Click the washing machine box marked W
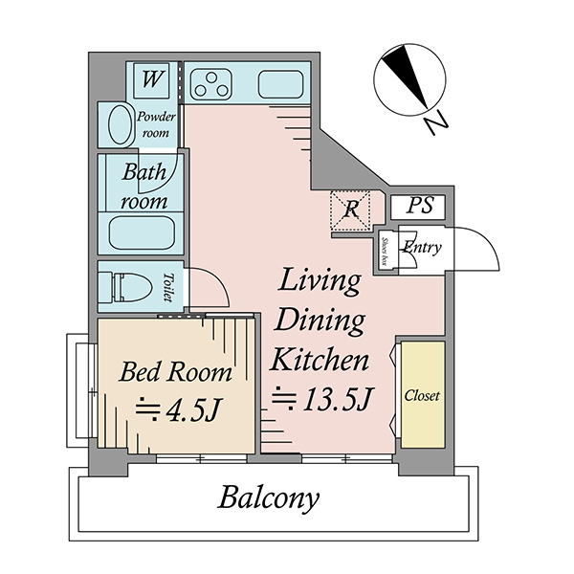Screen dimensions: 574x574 (151, 80)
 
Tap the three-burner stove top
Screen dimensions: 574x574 (211, 84)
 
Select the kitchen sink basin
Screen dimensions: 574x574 (280, 84)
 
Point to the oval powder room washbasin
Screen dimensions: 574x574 (121, 124)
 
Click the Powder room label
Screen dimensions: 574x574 (156, 124)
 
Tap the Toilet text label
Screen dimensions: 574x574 (168, 287)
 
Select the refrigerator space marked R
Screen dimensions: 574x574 (351, 210)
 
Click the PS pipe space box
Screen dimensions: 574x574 (418, 208)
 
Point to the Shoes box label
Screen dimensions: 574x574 (384, 252)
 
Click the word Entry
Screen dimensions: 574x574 (422, 248)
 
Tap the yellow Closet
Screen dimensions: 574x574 (423, 394)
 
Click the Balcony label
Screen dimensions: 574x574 (268, 497)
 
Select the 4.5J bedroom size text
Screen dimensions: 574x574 (178, 409)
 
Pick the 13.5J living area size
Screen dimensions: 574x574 (321, 399)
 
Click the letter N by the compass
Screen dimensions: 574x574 (435, 122)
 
